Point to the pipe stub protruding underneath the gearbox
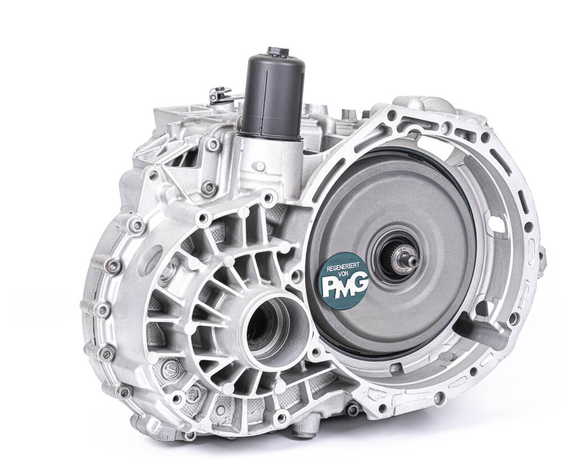pos(305,428)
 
